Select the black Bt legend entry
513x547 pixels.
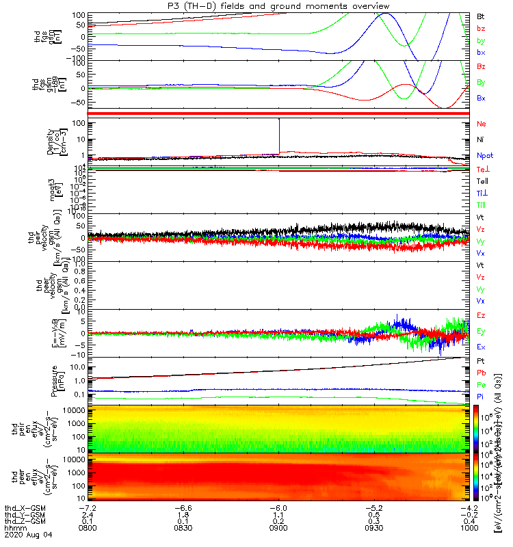(480, 15)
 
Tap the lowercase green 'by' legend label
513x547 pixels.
(480, 40)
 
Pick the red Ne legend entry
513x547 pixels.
(481, 124)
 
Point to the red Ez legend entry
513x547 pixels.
(481, 315)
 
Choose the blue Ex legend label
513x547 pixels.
(481, 347)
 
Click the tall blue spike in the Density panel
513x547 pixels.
(279, 133)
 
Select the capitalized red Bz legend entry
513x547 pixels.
(481, 67)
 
